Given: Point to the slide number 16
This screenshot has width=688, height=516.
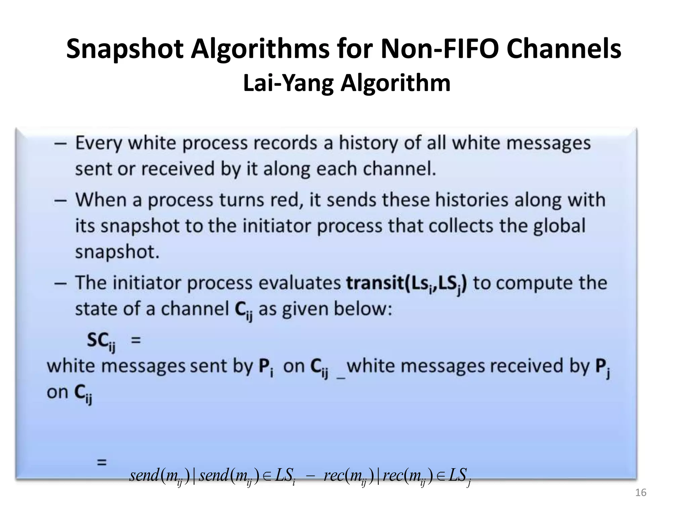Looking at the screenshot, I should (x=641, y=492).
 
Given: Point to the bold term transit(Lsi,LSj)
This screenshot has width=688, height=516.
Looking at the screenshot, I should (x=406, y=283).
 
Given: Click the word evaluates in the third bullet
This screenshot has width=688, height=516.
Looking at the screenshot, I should (x=300, y=283).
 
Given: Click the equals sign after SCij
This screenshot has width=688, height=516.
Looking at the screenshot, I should (x=135, y=340).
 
